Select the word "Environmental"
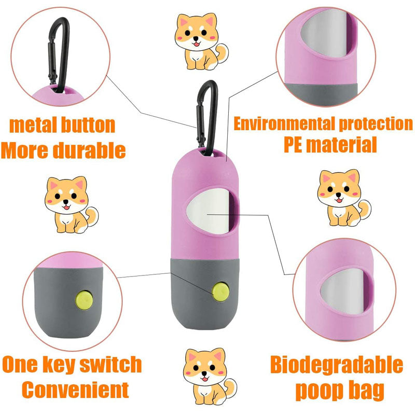point(284,124)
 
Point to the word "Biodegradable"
point(336,365)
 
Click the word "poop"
point(319,391)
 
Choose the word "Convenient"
point(75,390)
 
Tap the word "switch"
point(110,365)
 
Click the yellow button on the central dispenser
point(221,292)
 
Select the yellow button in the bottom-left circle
point(84,300)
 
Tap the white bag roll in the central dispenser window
point(208,211)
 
